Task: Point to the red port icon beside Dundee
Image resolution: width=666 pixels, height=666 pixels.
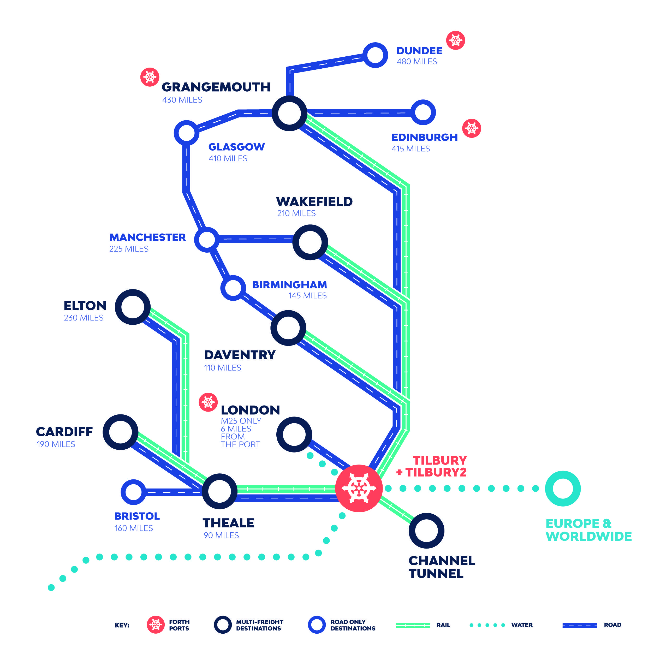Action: [x=455, y=40]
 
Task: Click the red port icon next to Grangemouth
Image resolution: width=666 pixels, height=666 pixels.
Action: [x=150, y=77]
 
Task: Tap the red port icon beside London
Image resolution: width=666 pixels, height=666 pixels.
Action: [x=208, y=402]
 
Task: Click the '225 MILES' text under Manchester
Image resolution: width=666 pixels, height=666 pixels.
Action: [x=129, y=249]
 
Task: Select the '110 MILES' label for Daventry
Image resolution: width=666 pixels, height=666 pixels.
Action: [x=222, y=368]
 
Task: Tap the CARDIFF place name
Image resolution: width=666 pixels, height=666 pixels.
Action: [x=64, y=432]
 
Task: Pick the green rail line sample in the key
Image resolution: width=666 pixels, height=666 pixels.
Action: [x=413, y=625]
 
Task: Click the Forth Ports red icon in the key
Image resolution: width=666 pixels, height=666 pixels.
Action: [x=156, y=625]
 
